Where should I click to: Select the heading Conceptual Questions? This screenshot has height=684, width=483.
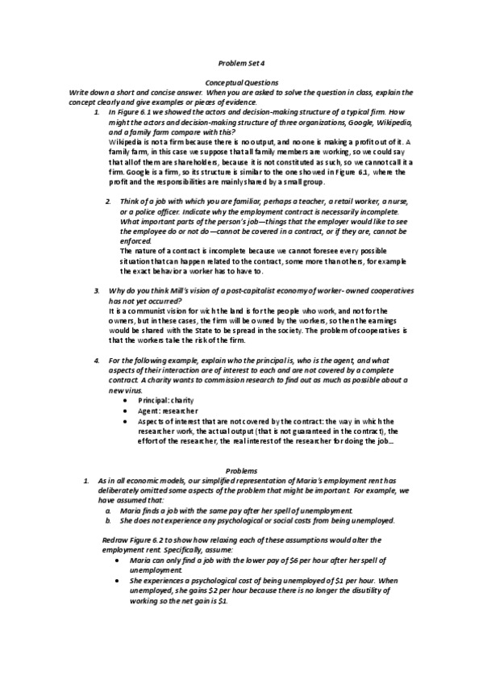pyautogui.click(x=241, y=82)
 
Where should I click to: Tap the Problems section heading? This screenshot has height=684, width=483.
pyautogui.click(x=241, y=469)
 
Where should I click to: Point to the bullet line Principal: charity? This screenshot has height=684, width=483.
pyautogui.click(x=166, y=400)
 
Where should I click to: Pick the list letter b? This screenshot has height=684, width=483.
pyautogui.click(x=109, y=521)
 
